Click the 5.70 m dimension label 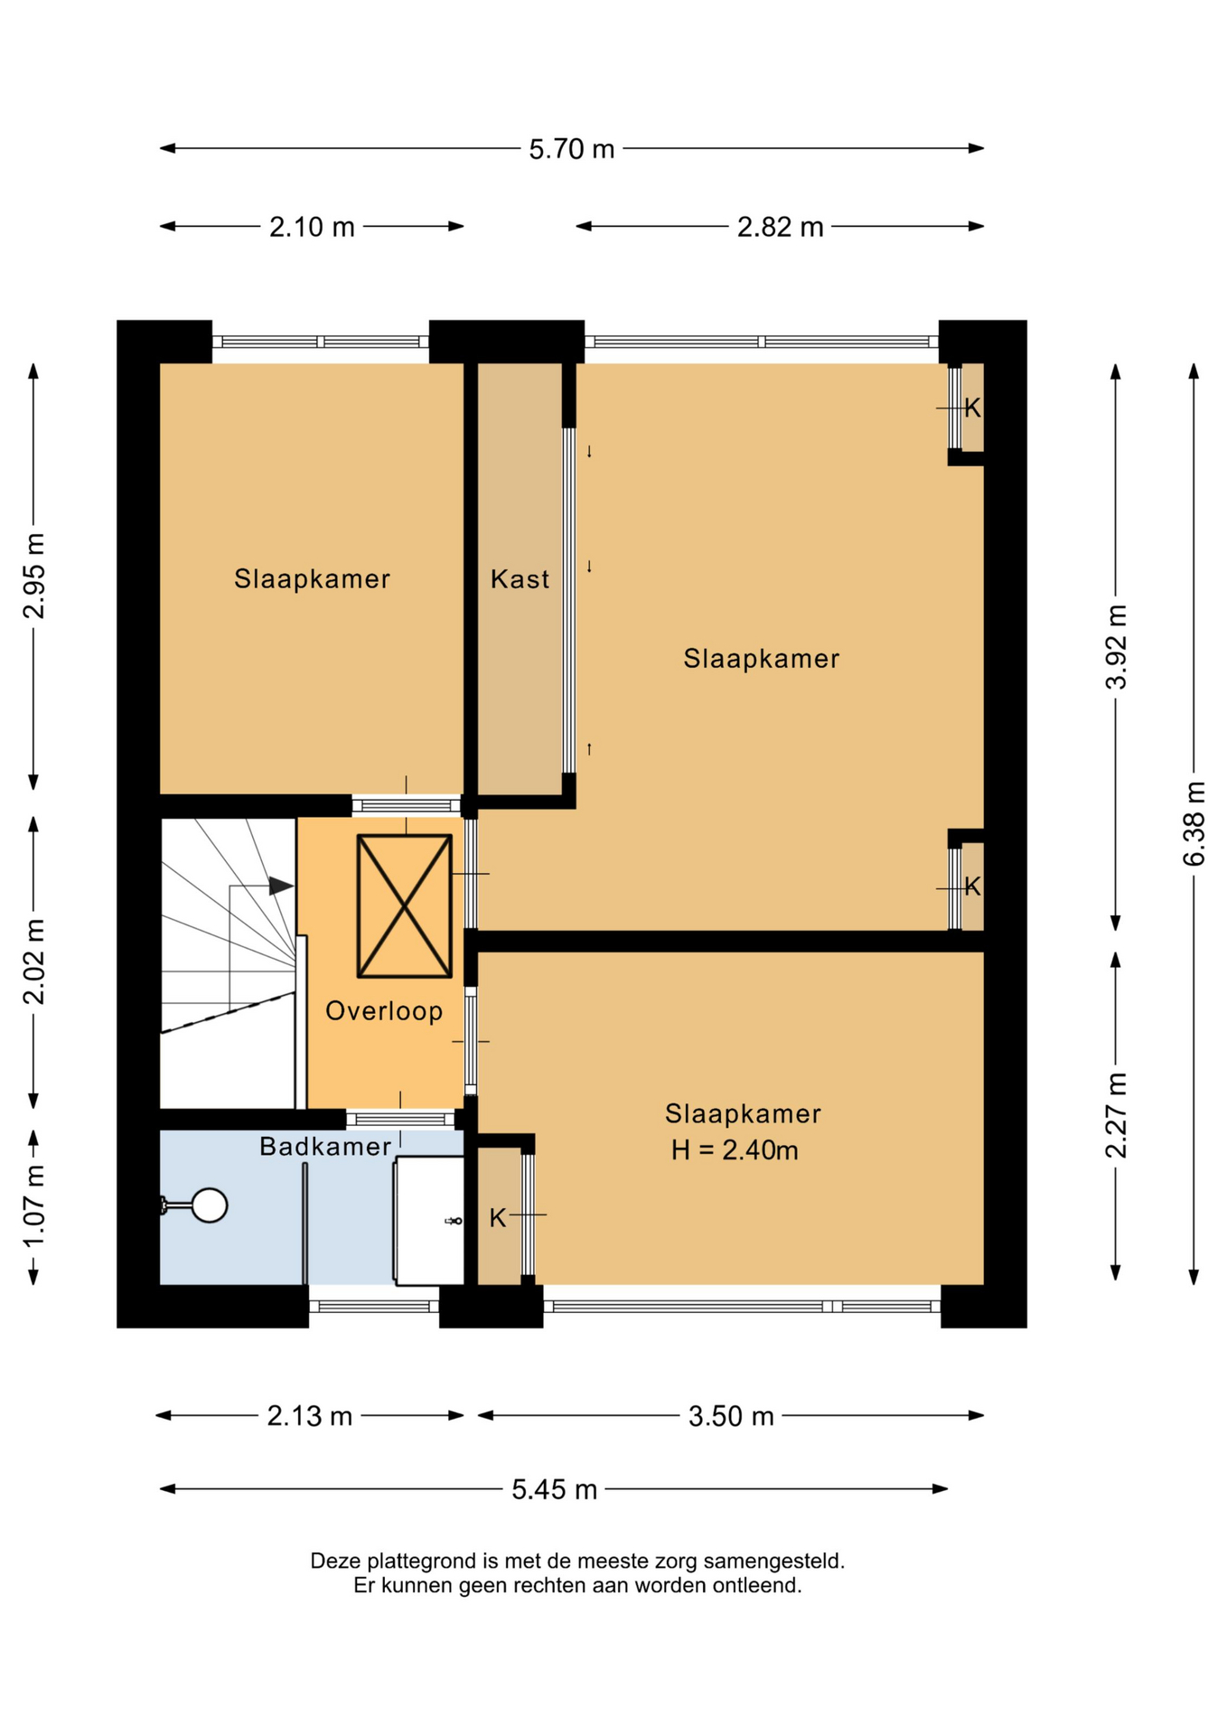(571, 149)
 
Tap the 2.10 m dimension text (312, 227)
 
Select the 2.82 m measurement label (780, 227)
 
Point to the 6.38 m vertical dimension (1194, 823)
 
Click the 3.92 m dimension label (1117, 647)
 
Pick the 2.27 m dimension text (1117, 1115)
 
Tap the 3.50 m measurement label (731, 1416)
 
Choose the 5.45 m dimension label (554, 1489)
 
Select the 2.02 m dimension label (34, 961)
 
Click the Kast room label (520, 579)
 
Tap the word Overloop (384, 1011)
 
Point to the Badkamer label (325, 1147)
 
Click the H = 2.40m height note (735, 1150)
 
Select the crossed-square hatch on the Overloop (405, 906)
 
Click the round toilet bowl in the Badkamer (210, 1205)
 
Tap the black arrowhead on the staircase (281, 886)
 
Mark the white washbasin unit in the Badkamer (428, 1220)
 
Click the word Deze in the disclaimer (333, 1561)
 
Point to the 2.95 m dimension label (34, 576)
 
